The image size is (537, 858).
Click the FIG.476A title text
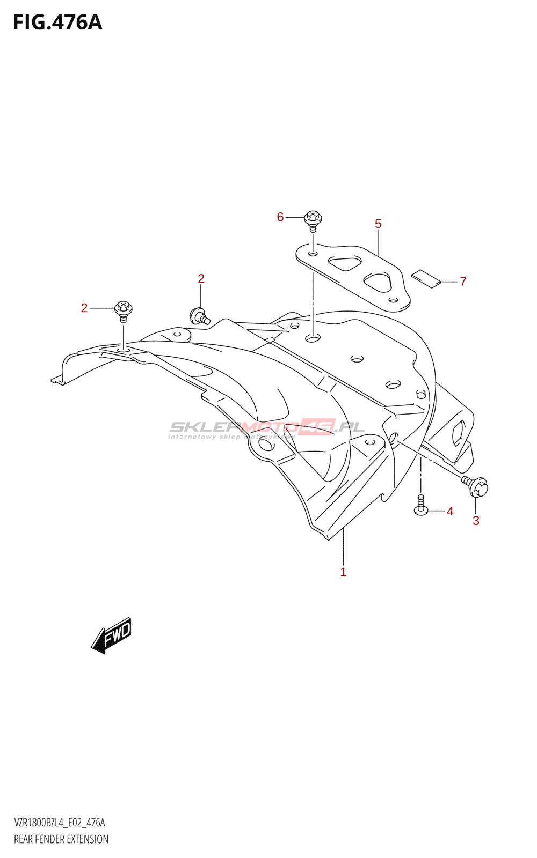[57, 23]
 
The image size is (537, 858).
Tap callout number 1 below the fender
[343, 572]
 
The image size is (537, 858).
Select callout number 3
[476, 520]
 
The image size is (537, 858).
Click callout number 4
[450, 511]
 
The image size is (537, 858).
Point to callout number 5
[378, 224]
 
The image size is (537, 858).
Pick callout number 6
[280, 217]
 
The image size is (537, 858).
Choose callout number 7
[463, 281]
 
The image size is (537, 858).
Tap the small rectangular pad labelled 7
[426, 278]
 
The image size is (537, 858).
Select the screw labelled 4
[421, 505]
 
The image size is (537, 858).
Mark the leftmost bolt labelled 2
[124, 310]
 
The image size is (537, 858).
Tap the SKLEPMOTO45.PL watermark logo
[267, 428]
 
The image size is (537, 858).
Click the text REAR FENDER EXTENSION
[61, 839]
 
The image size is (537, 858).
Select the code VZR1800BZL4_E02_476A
[60, 823]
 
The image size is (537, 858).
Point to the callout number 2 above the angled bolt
[201, 278]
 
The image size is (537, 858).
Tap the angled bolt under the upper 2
[199, 315]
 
